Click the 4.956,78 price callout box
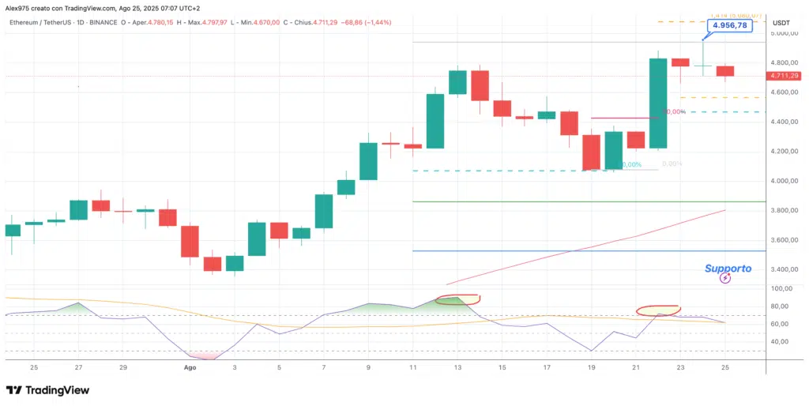click(x=729, y=26)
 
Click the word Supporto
click(x=728, y=269)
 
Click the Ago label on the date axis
click(x=190, y=367)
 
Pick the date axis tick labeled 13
click(x=457, y=367)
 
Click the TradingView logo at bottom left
click(x=47, y=390)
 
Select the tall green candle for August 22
click(x=658, y=103)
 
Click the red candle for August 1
click(x=190, y=241)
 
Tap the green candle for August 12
click(x=435, y=121)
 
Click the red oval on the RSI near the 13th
click(x=458, y=299)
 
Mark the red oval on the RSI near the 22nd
click(x=658, y=310)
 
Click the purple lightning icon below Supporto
click(x=726, y=279)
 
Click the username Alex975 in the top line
click(x=17, y=8)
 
